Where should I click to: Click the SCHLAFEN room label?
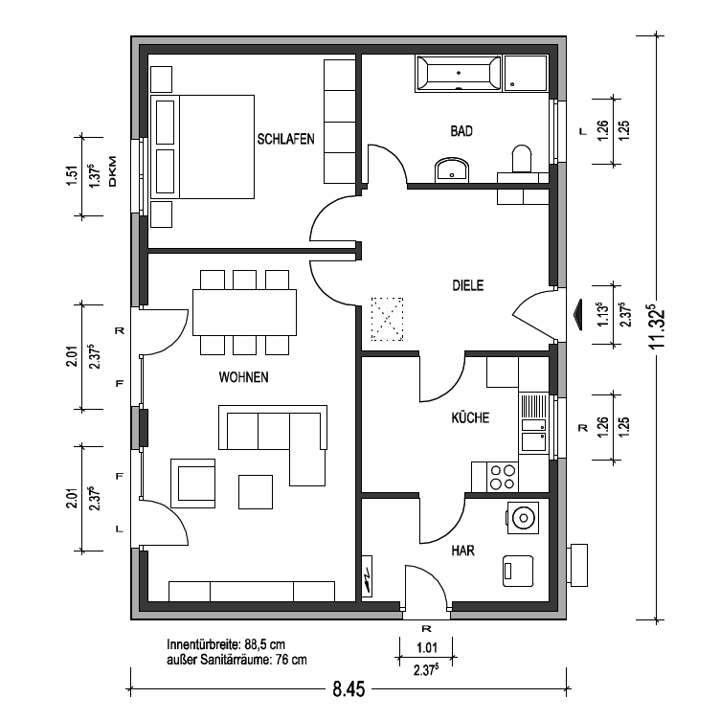(285, 139)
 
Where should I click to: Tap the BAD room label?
(461, 131)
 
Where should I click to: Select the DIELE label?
(468, 285)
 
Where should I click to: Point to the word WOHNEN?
(243, 377)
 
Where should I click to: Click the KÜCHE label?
(470, 417)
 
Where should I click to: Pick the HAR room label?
(462, 551)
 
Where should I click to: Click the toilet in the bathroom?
(521, 159)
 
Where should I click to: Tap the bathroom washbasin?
(452, 169)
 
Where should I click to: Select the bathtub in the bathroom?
(459, 74)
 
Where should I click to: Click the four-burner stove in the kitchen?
(503, 477)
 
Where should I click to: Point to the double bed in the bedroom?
(203, 146)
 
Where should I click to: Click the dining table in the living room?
(244, 312)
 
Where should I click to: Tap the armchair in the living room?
(192, 484)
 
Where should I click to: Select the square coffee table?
(256, 492)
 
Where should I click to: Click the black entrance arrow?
(576, 315)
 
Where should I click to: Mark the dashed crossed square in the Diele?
(387, 319)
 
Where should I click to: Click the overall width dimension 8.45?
(349, 688)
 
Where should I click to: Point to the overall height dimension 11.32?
(658, 326)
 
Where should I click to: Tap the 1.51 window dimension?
(72, 176)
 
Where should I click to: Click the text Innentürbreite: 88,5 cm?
(226, 644)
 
